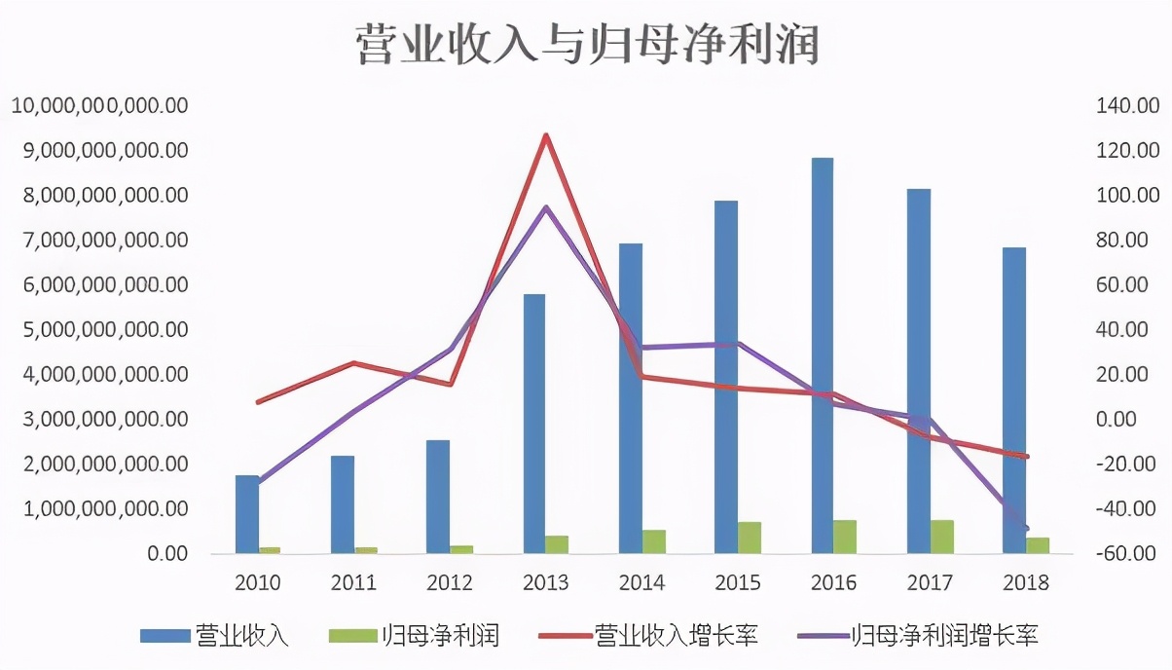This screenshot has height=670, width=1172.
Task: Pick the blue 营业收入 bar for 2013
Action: pos(533,424)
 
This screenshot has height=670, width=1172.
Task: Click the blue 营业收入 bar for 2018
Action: pos(1013,400)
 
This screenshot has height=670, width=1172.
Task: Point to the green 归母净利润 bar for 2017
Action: pos(941,537)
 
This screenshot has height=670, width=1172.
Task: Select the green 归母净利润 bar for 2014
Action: pos(653,541)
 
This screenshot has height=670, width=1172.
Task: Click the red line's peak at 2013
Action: pos(546,135)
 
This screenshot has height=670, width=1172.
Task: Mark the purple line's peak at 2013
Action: pos(546,207)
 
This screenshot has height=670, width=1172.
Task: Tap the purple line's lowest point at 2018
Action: pos(1026,529)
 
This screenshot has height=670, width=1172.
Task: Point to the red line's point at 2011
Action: pos(354,363)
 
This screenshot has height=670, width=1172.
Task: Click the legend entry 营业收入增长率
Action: pos(647,637)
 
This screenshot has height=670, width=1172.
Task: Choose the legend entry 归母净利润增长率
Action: pos(919,637)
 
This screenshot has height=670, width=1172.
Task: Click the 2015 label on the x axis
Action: pos(738,582)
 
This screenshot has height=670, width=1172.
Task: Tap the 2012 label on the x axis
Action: pos(450,582)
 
